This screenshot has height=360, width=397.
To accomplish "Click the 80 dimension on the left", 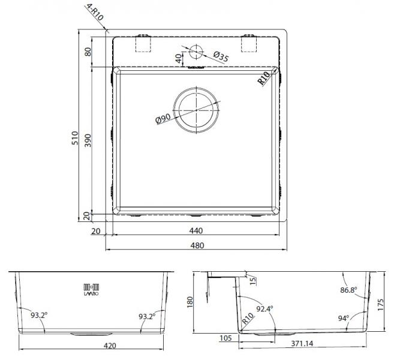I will click(88, 52).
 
